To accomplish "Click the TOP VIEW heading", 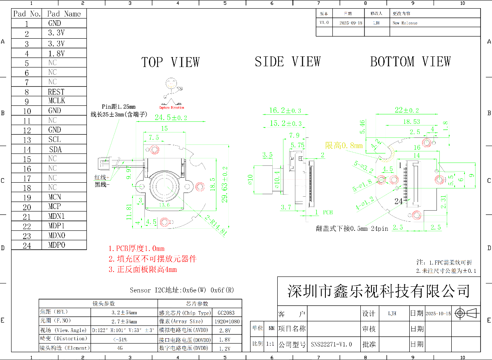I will tap(170, 63).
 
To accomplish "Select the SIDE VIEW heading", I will tap(287, 62).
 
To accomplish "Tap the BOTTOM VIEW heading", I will tap(410, 62).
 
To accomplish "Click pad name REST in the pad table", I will tap(56, 92).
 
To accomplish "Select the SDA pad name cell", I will tap(55, 149).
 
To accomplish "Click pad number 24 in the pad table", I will tap(27, 245).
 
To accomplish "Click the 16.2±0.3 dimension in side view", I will tap(285, 110).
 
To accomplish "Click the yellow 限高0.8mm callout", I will tap(344, 146).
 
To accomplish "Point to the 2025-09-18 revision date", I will tap(351, 23).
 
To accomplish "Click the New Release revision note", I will tap(405, 23).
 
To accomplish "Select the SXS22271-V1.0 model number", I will tap(331, 344).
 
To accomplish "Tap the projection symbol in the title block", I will tap(467, 314).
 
